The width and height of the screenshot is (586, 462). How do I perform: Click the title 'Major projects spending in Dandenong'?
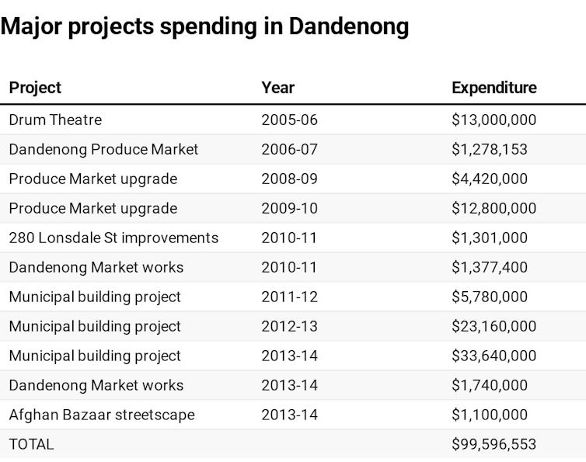coord(205,26)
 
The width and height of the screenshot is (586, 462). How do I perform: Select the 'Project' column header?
coord(35,88)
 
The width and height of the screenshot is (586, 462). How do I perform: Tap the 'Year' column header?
coord(277,88)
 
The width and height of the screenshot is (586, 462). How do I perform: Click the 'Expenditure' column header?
coord(494,88)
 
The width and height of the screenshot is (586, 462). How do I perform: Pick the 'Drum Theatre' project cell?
coord(55,120)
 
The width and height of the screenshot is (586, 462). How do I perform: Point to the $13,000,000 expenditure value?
coord(494,120)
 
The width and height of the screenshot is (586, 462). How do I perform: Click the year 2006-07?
coord(289,149)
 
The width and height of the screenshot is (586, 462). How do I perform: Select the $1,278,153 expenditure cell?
coord(489,149)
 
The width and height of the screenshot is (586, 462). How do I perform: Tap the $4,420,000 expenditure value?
coord(489,179)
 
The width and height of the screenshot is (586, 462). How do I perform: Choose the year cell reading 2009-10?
coord(289,208)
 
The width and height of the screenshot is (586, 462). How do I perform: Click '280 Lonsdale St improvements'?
coord(113,238)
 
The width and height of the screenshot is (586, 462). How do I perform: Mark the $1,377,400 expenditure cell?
coord(489,267)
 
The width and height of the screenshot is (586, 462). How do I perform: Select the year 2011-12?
coord(289,297)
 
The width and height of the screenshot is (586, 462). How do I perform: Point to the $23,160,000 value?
coord(494,326)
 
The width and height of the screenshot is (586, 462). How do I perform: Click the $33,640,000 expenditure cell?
coord(494,356)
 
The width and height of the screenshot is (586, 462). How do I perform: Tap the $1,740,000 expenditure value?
coord(489,385)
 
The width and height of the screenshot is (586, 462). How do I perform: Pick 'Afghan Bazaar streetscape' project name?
coord(102,415)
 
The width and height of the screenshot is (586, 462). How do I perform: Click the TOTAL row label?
coord(31,444)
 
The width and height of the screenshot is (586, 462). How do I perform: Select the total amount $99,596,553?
coord(494,444)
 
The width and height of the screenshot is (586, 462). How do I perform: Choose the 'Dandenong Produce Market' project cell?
coord(103,149)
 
